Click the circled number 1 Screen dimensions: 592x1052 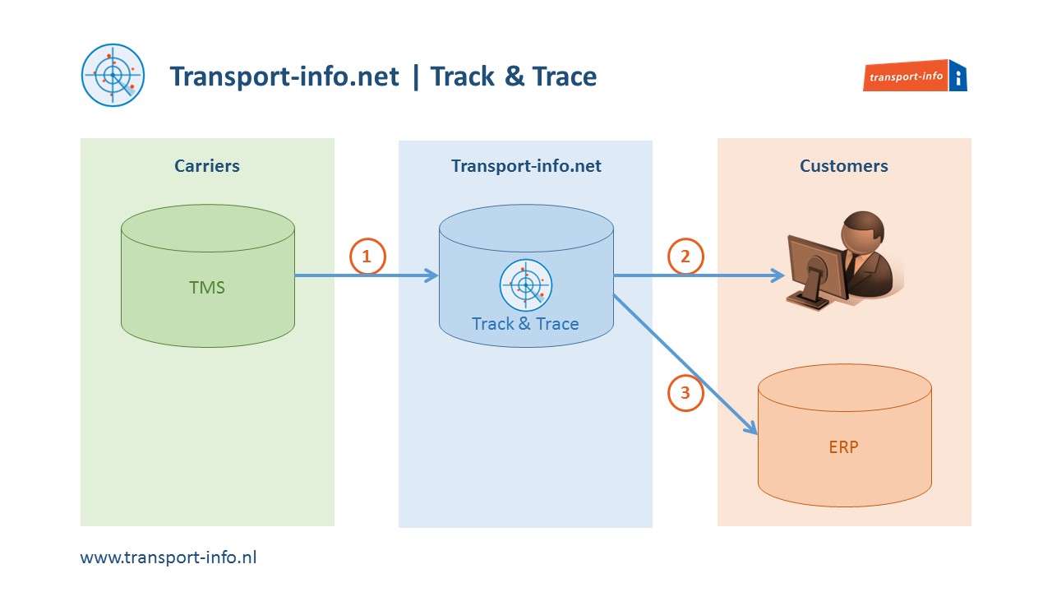point(367,257)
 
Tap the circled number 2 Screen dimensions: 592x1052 point(685,257)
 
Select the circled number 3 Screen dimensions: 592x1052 point(685,393)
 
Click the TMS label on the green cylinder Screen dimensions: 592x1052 point(207,288)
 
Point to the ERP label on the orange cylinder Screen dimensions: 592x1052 point(843,448)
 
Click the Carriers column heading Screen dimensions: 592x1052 point(207,166)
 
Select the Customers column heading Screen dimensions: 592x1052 point(843,166)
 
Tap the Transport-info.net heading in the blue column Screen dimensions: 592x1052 point(526,166)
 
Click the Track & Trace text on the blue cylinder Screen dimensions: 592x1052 point(525,324)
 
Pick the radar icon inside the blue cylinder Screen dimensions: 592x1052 point(525,285)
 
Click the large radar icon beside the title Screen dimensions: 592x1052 point(113,75)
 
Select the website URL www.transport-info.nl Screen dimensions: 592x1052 point(168,557)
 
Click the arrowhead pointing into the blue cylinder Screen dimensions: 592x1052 point(432,276)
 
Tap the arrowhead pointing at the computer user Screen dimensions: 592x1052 point(778,276)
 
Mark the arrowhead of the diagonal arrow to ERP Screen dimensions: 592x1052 point(750,428)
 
